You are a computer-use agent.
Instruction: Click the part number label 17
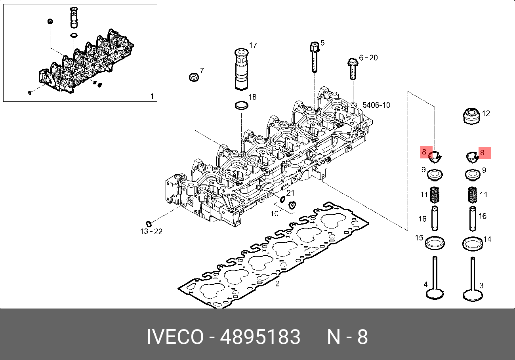253,46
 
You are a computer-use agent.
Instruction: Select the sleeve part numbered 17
241,69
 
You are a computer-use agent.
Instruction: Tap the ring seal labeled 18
241,106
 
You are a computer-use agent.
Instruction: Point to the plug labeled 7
194,76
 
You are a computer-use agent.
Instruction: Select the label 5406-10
376,105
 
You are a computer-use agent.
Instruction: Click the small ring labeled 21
282,199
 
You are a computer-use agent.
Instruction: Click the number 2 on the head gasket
277,283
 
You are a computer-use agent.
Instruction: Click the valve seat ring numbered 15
435,242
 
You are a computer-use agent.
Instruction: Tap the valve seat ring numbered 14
472,242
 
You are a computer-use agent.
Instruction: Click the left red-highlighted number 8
424,152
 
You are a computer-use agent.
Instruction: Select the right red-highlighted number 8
482,152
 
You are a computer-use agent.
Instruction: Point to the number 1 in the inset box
151,96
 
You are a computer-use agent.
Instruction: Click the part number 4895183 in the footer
260,337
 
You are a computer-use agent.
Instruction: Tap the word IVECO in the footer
175,337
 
